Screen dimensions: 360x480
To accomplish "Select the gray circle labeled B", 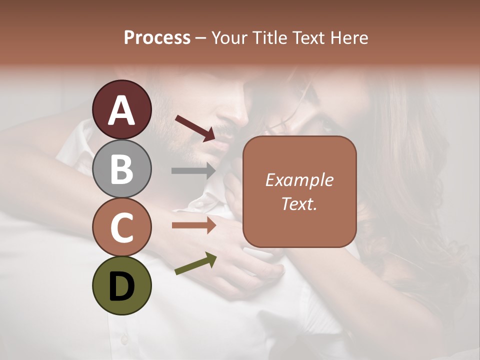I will coord(122,168).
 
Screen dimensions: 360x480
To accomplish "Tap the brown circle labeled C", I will coord(122,227).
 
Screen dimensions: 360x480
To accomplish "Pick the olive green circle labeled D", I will coord(122,285).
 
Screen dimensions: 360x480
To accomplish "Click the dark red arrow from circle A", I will coord(195,128).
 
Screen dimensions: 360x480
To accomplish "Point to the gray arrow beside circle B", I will coord(194,170).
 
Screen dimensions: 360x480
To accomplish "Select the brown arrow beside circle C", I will coord(194,225).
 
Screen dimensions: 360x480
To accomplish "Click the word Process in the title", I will coord(157,37).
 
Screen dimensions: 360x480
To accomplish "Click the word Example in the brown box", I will coord(299,180).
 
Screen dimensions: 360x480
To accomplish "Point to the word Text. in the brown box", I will coord(299,203).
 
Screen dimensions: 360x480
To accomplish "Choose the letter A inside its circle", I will coord(122,110).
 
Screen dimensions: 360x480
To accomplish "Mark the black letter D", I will coord(122,286).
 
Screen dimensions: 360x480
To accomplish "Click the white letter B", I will coord(122,169).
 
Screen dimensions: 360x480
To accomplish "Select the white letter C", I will coord(122,227).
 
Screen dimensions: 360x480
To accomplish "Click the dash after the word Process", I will coord(201,38).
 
